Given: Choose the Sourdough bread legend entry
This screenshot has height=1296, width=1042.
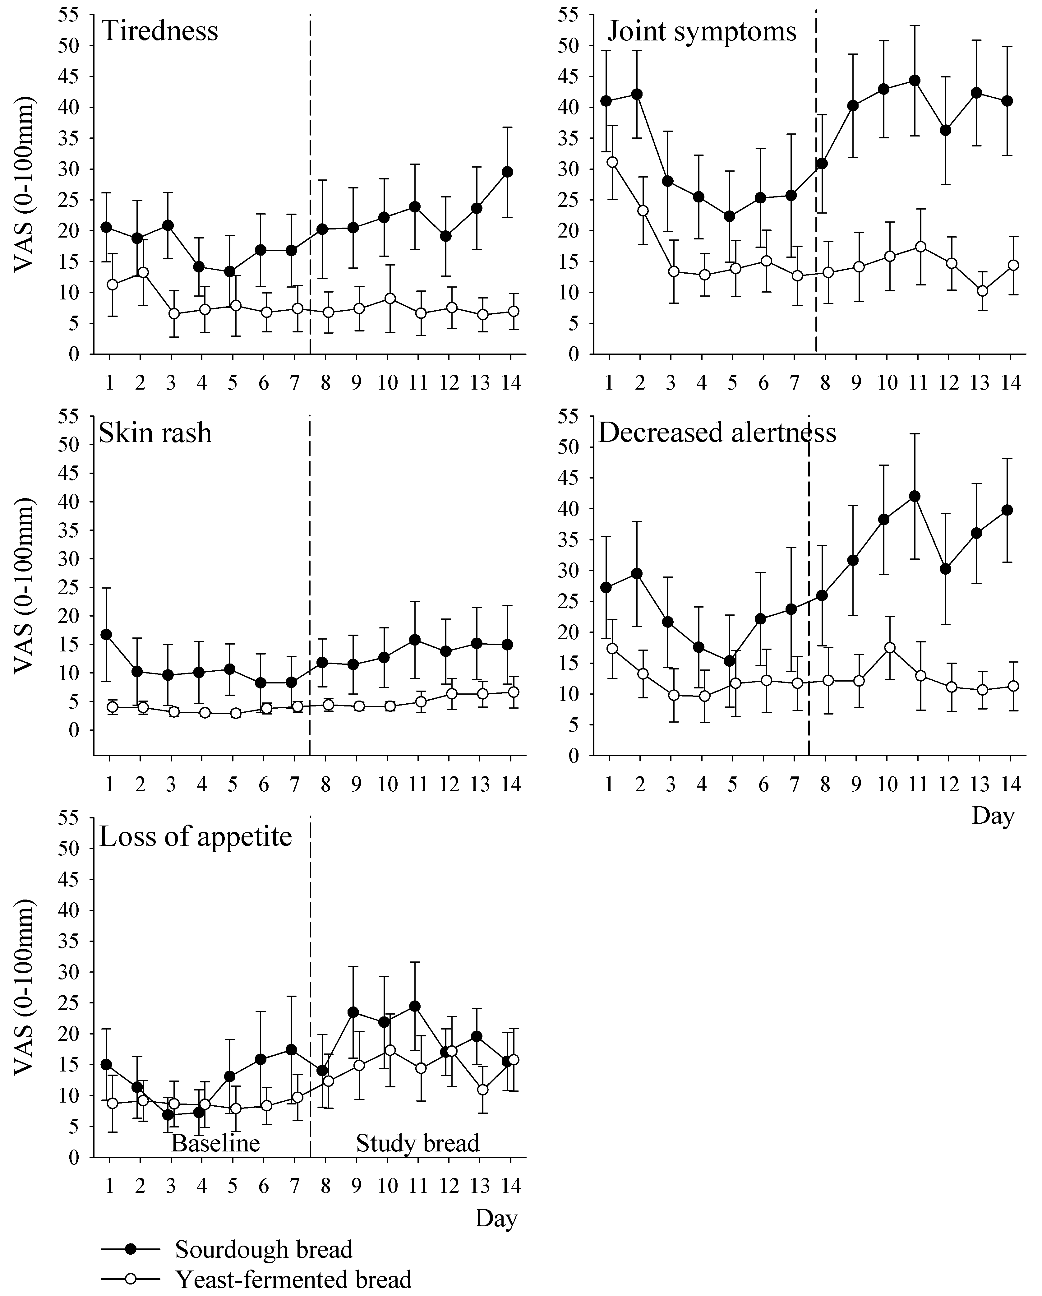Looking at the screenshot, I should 263,1249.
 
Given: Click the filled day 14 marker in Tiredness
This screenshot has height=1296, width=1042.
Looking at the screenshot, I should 507,172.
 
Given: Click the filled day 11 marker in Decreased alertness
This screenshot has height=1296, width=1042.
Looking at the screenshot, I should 915,496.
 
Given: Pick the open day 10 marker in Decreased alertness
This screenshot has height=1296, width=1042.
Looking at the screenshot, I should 890,647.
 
